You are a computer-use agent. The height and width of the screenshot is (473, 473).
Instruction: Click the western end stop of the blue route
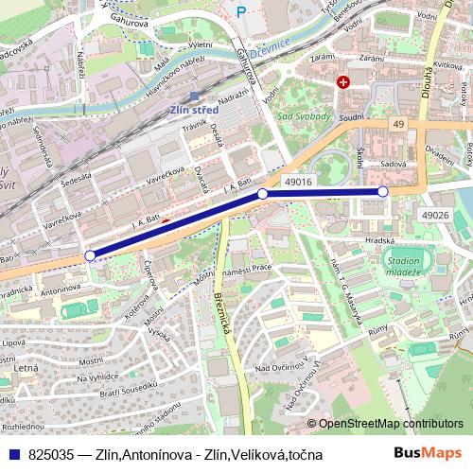tap(90, 255)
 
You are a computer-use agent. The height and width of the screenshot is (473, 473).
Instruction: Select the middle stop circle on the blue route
tap(263, 194)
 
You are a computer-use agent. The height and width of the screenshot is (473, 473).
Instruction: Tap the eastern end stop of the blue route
tap(383, 191)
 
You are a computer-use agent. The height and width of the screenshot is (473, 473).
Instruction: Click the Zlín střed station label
tap(193, 109)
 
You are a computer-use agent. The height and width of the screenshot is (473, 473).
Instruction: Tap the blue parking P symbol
tap(241, 12)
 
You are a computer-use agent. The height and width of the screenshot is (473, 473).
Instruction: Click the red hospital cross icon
tap(342, 82)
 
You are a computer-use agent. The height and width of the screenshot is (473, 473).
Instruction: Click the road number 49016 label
tap(298, 179)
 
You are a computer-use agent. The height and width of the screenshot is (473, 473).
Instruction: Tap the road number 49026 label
tap(436, 216)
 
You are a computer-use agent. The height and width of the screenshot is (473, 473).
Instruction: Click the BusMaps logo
tap(429, 454)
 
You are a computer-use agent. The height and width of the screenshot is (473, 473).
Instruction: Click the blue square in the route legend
tap(9, 455)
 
